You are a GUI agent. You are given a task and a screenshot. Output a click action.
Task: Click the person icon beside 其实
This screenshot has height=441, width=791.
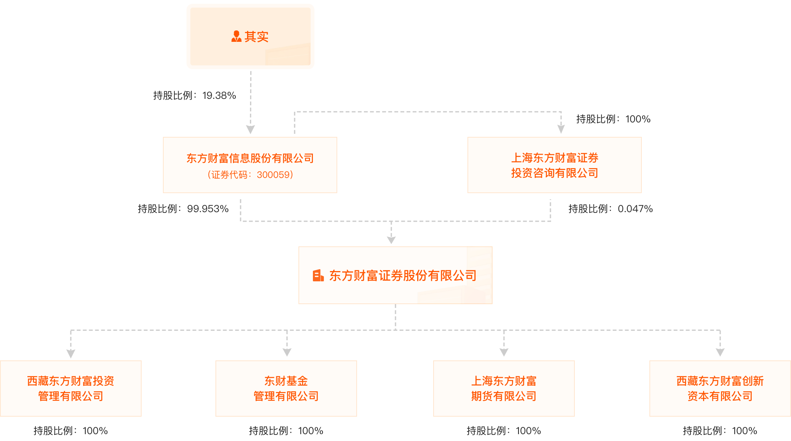[x=236, y=36]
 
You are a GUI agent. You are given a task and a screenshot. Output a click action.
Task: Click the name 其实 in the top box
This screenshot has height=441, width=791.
[x=256, y=37]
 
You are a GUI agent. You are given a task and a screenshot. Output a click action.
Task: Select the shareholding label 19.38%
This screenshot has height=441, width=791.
[x=195, y=95]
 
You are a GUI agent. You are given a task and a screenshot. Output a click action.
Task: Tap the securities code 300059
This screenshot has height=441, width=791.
[x=250, y=175]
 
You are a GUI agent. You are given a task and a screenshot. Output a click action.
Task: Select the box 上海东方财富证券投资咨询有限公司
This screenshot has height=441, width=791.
[x=554, y=165]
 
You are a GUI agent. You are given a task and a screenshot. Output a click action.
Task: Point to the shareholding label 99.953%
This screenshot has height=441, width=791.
[x=183, y=209]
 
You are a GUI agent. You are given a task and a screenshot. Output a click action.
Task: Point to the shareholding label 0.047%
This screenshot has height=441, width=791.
[x=610, y=209]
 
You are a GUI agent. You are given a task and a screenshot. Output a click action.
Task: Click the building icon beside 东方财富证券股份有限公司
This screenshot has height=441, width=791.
[x=318, y=276]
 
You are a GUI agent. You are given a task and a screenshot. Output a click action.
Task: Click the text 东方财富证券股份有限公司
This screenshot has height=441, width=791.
[x=403, y=276]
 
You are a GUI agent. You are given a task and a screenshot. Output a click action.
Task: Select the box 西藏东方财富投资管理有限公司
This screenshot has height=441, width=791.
[x=71, y=388]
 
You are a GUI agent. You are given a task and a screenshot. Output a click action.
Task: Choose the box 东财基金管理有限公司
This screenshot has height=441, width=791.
[x=286, y=388]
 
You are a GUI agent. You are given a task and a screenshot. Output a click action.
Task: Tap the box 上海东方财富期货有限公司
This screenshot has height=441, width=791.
[x=504, y=388]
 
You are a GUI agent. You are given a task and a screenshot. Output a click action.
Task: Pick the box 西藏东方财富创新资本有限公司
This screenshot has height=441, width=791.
[x=719, y=388]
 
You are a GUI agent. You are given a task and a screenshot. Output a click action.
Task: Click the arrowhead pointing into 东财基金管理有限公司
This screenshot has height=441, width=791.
[x=287, y=352]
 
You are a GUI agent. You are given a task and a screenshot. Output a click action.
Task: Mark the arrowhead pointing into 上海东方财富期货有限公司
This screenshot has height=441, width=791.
[x=504, y=352]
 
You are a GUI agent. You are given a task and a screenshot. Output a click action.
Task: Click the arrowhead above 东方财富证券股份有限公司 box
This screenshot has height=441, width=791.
[x=391, y=240]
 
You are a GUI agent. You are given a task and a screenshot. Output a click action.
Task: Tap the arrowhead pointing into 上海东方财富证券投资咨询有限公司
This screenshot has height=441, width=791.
[x=561, y=129]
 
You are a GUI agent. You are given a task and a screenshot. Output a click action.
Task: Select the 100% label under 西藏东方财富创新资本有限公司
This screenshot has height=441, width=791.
[x=719, y=431]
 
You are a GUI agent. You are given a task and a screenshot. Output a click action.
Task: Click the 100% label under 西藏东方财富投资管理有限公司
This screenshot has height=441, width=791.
[x=71, y=431]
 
